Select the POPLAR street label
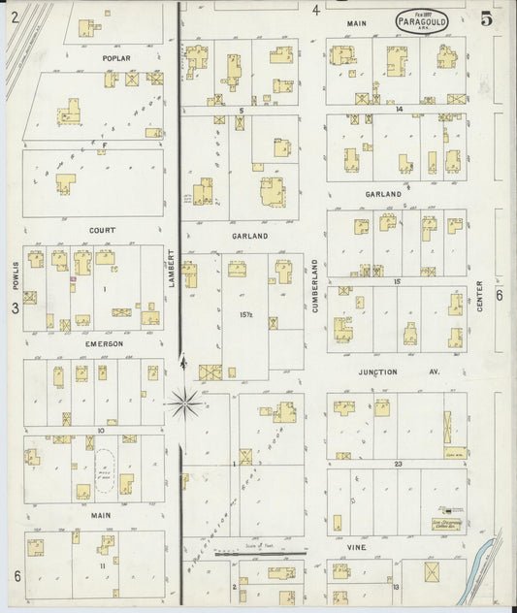pos(116,58)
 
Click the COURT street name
pos(102,230)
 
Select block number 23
pos(399,464)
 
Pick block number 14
pos(399,110)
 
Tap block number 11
pos(101,565)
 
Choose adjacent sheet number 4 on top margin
pos(315,10)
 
